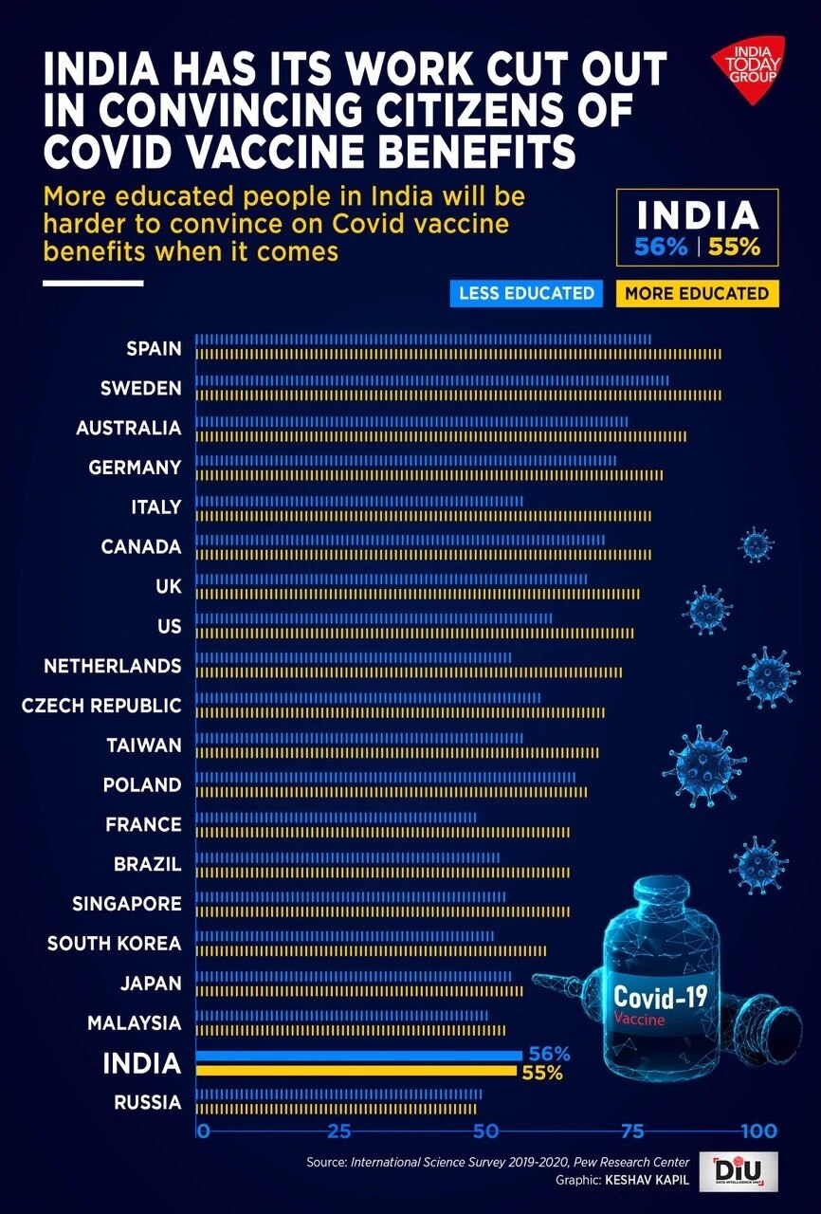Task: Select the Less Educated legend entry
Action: click(x=526, y=293)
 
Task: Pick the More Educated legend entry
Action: click(x=697, y=293)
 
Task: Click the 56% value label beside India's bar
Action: click(x=549, y=1054)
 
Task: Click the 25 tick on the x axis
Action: click(x=339, y=1131)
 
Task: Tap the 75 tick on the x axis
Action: click(x=632, y=1131)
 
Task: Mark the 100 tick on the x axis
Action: click(x=758, y=1131)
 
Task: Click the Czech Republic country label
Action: click(x=101, y=706)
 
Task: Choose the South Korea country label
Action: click(x=114, y=944)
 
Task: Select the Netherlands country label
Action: click(x=112, y=666)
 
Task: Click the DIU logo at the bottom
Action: click(x=739, y=1171)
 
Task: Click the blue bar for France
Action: click(x=336, y=818)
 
